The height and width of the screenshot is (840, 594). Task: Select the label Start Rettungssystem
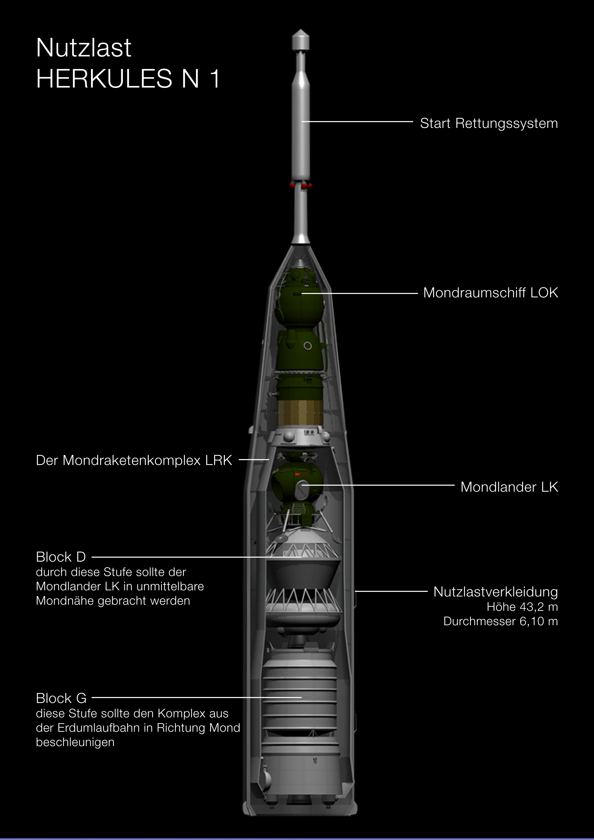click(489, 124)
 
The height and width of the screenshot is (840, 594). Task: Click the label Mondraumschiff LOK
click(491, 293)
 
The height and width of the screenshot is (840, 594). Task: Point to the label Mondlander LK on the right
click(509, 487)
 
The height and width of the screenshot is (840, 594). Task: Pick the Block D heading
click(61, 557)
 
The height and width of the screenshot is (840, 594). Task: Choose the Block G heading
click(61, 698)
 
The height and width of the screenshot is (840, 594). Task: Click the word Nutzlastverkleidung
click(496, 592)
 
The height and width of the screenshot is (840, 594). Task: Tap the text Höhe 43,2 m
click(522, 607)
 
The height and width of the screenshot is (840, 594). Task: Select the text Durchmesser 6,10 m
click(501, 621)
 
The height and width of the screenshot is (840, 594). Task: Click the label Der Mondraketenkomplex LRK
click(134, 460)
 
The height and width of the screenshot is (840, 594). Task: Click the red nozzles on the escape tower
click(301, 185)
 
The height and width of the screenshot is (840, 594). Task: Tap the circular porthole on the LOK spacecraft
click(308, 346)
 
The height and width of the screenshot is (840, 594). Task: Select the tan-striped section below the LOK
click(300, 412)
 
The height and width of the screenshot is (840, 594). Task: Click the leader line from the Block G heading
click(196, 697)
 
